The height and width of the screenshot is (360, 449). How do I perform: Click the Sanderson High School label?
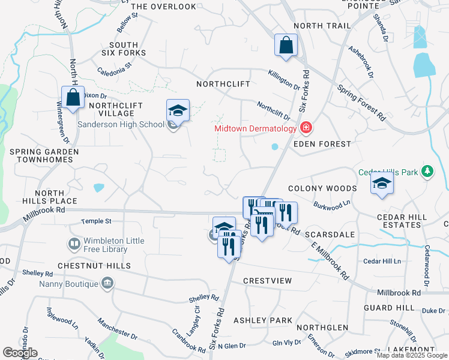pos(121,124)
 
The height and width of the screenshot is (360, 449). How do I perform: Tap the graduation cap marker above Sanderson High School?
pos(178,110)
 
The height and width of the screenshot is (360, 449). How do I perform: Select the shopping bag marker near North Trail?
pos(286,45)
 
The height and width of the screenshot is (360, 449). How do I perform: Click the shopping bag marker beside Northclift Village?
pos(73,98)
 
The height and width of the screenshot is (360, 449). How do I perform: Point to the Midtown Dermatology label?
pos(256,128)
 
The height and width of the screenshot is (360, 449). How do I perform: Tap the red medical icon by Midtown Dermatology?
pos(306,128)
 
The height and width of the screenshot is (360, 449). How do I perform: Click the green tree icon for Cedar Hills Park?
pos(427,172)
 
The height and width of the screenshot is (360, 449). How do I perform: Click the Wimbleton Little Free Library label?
pos(105,245)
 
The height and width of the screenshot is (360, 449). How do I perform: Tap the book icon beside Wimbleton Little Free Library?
pos(73,244)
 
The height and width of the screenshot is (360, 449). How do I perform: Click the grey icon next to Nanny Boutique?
pos(107,283)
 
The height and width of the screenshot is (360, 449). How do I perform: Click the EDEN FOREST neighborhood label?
pos(321,144)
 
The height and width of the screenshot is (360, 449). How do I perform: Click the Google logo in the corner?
pos(20,353)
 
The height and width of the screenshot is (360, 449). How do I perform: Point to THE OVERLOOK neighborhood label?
pos(163,7)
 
